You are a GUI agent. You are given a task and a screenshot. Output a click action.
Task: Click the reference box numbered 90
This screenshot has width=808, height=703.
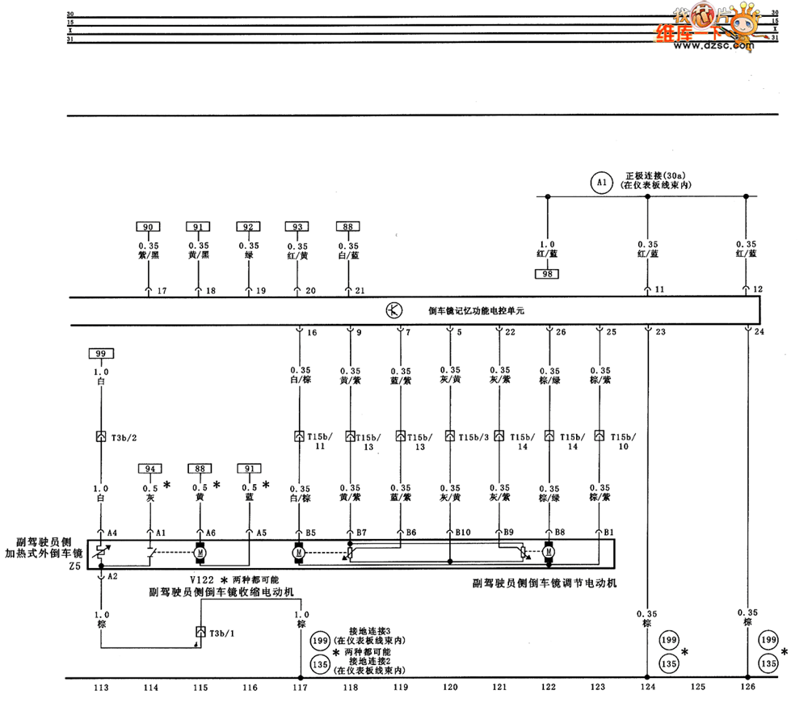coord(149,228)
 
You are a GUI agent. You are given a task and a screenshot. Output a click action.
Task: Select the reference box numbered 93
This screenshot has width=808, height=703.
coord(299,228)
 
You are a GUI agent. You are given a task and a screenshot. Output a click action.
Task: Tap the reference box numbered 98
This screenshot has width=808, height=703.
coord(547,275)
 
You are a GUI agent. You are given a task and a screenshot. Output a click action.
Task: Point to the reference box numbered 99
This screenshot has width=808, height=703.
coord(100,354)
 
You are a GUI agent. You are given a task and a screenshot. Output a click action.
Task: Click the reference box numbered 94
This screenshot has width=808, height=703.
coord(149,468)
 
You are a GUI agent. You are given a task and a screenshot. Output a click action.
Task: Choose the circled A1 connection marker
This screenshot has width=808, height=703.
coord(600,183)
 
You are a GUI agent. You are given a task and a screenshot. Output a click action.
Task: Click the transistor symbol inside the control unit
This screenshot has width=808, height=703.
coord(393,309)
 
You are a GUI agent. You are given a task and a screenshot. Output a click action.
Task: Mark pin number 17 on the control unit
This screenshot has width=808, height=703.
coord(162,291)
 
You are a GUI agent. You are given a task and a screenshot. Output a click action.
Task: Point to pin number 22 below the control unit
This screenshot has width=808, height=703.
coord(510,331)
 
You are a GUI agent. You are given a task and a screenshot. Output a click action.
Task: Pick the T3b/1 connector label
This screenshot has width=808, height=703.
coord(222,633)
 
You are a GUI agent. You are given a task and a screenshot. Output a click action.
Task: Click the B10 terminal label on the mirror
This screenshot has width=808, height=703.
coord(462,532)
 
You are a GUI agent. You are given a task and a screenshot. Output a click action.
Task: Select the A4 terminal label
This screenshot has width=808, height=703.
coord(112,532)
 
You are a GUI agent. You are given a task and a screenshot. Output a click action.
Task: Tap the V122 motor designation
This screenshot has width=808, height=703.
coord(203,580)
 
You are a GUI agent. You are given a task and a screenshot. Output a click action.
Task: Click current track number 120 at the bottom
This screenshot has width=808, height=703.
coord(450,688)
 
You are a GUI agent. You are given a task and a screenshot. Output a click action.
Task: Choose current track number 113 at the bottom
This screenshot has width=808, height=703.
coord(100,688)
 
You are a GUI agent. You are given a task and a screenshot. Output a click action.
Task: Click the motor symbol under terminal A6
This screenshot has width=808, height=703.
coord(199,554)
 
